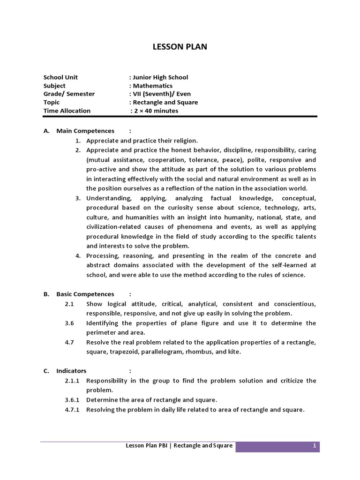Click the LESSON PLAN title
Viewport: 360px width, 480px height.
(180, 47)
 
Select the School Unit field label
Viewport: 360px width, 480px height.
(60, 77)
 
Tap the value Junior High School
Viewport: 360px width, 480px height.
(160, 77)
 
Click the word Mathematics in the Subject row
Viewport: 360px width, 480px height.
(152, 86)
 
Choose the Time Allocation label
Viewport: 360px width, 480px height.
(67, 111)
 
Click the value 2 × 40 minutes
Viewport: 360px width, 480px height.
(156, 111)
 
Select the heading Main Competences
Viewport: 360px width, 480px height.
(85, 131)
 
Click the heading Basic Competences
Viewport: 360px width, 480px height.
(85, 294)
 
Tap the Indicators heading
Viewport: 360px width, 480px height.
(71, 371)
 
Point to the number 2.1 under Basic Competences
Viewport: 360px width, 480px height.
(69, 304)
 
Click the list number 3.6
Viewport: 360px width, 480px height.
(69, 323)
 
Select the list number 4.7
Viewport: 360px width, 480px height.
(69, 342)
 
